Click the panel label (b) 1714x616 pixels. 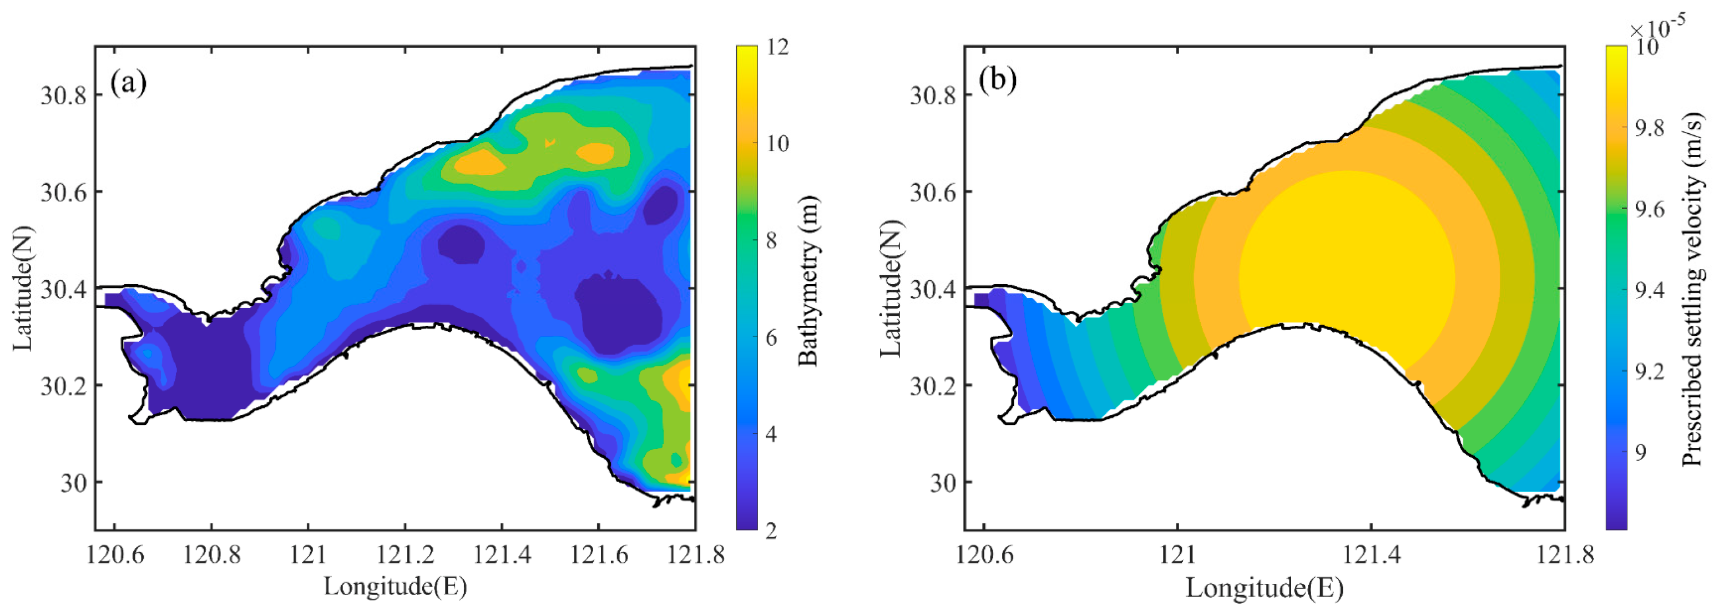point(998,80)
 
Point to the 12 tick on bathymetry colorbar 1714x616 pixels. point(777,47)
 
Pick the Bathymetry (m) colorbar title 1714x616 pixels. point(808,281)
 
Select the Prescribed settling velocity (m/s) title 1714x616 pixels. point(1693,289)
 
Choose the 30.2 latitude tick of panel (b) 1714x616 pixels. point(933,386)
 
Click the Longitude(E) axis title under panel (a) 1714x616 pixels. point(395,587)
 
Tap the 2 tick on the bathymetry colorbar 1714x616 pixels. point(771,531)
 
